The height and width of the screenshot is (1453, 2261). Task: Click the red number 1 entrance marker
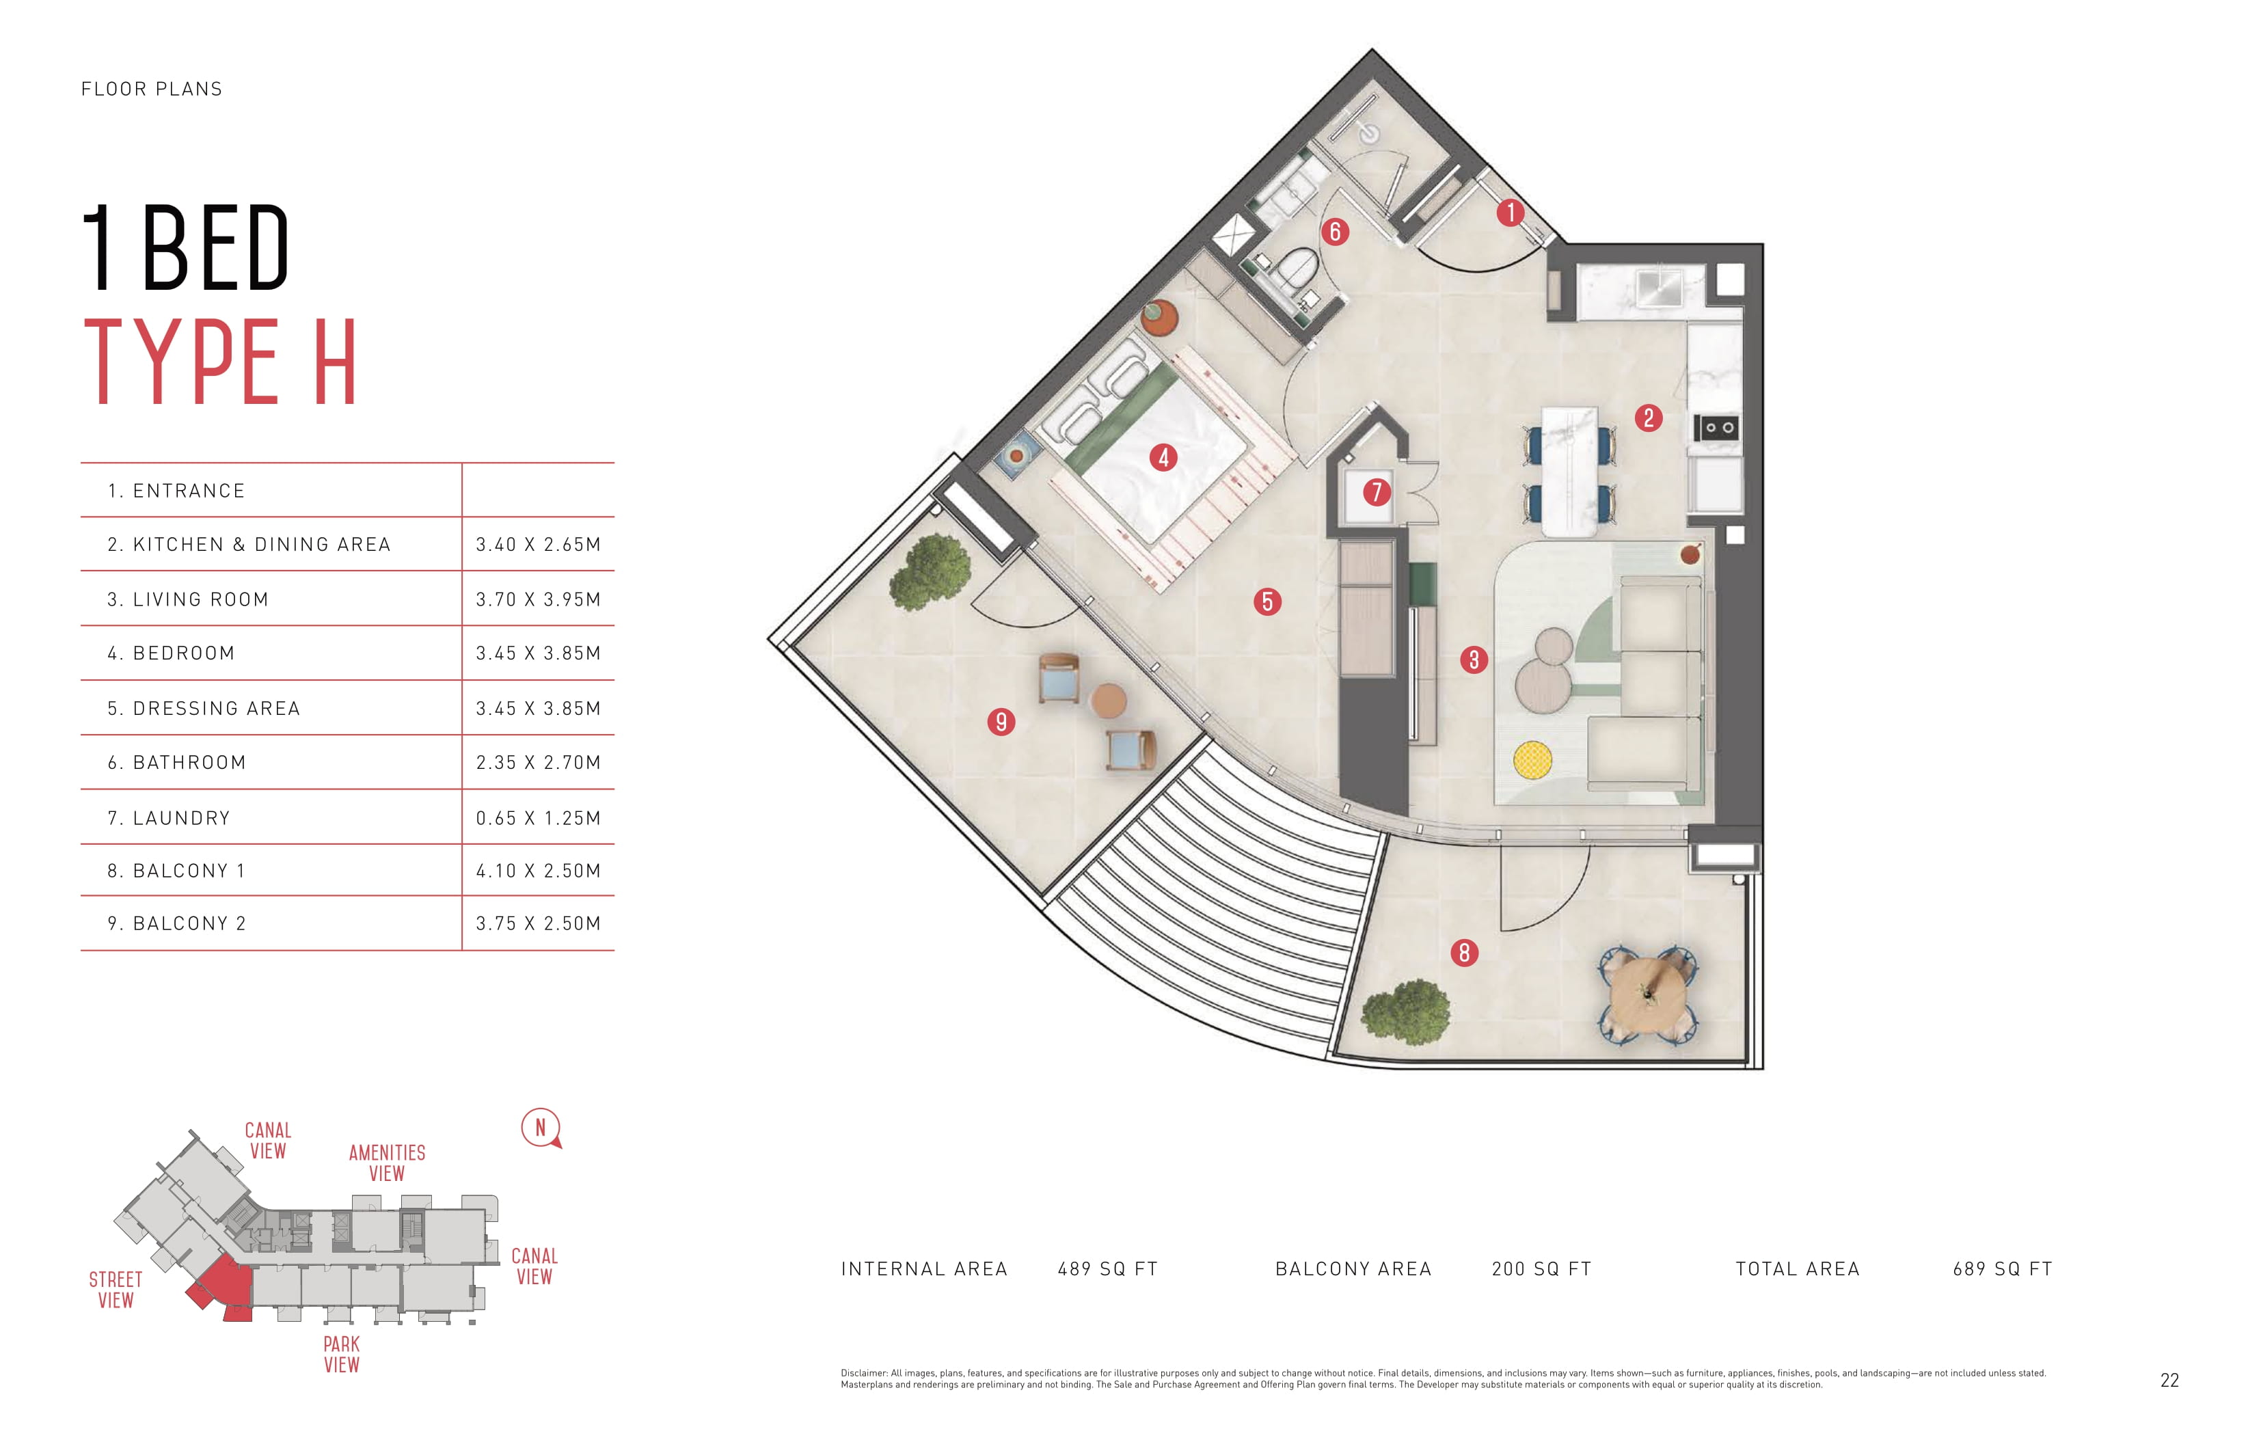(x=1510, y=213)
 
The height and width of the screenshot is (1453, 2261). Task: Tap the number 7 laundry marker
(x=1377, y=491)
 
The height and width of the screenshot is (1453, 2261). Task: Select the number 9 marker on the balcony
(x=1001, y=722)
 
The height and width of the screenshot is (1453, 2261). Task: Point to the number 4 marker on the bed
(x=1163, y=458)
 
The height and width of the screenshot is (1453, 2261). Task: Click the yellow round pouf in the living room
(x=1532, y=759)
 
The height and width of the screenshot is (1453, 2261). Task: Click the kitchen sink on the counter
(x=1660, y=288)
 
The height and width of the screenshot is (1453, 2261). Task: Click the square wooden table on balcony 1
(x=1649, y=995)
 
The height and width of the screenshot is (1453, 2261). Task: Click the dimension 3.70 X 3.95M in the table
(x=538, y=599)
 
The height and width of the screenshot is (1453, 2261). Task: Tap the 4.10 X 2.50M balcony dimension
(x=538, y=871)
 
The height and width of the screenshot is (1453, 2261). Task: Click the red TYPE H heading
(x=221, y=362)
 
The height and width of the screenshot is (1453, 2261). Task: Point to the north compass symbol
(x=541, y=1128)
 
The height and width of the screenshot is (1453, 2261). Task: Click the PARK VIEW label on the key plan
(x=342, y=1354)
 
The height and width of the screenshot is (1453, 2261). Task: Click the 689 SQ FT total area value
(x=2003, y=1269)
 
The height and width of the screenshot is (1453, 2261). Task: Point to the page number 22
(x=2169, y=1381)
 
